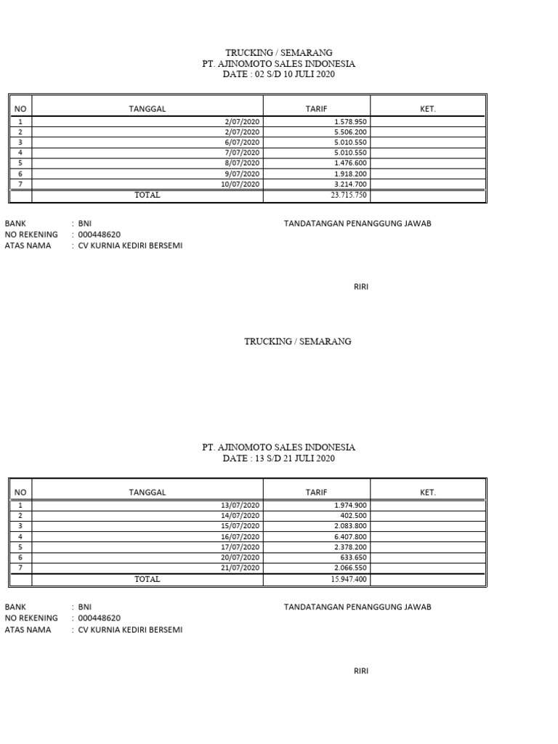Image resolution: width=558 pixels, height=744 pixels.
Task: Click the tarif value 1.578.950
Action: click(350, 121)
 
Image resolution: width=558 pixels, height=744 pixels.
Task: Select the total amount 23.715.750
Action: click(349, 195)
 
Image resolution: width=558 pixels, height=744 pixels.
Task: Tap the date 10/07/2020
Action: click(240, 185)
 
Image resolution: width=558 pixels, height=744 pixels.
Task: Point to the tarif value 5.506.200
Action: click(350, 132)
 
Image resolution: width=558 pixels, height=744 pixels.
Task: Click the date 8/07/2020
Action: click(243, 163)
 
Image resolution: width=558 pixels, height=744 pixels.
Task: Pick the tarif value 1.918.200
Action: click(350, 174)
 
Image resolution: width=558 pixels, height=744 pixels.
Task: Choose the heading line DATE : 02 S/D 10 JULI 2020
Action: click(279, 74)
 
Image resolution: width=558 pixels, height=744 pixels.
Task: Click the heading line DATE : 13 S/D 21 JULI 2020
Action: click(279, 458)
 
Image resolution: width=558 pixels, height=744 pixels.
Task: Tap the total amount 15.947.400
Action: click(349, 579)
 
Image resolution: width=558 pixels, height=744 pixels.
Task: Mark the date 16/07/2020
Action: click(240, 536)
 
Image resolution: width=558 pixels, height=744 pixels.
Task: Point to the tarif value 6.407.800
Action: click(350, 536)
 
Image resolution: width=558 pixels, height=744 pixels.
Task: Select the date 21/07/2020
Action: click(240, 568)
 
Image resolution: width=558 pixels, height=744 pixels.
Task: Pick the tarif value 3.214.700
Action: click(350, 185)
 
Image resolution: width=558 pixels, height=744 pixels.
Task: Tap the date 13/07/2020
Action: click(240, 505)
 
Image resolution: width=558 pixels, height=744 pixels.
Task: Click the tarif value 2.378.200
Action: click(350, 547)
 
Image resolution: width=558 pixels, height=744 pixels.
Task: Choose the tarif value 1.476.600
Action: click(350, 163)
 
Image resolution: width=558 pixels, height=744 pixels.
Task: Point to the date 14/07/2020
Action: click(240, 515)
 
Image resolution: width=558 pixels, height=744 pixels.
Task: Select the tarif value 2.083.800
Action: click(350, 526)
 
